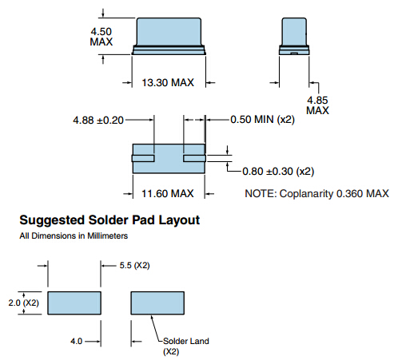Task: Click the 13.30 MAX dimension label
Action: (168, 82)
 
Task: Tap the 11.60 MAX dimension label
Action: (168, 193)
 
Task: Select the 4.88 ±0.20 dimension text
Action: (98, 121)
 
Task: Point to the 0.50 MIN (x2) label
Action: (262, 120)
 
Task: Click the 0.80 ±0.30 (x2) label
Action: (278, 172)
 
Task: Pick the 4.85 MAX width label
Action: (317, 105)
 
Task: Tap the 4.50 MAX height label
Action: (101, 37)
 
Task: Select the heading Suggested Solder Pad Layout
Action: (109, 220)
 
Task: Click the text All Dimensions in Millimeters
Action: (74, 235)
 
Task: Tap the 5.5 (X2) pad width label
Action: (134, 265)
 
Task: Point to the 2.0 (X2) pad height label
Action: (23, 303)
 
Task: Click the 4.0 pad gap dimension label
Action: (76, 341)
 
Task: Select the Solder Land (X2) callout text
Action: (186, 346)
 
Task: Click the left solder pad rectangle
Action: (74, 303)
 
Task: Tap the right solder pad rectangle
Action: (157, 303)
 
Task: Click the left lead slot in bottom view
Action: (143, 158)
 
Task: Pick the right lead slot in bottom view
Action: (194, 158)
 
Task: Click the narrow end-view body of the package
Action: (294, 32)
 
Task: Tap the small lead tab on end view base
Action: (294, 53)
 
